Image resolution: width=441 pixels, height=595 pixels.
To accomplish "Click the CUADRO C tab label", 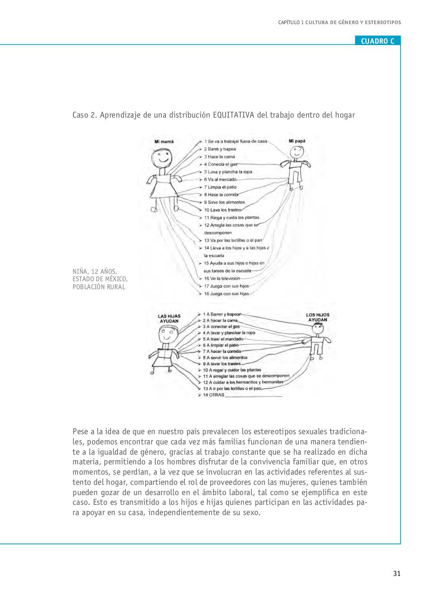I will click(377, 41).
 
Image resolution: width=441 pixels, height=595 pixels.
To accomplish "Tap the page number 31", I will click(396, 573).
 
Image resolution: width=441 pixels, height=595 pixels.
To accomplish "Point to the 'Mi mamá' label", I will click(164, 141).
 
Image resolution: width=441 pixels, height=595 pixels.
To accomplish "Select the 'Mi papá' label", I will click(297, 140).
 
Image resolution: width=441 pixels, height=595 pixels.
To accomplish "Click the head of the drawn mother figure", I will click(162, 159).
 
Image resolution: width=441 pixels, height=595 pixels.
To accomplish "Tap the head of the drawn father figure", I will click(296, 152).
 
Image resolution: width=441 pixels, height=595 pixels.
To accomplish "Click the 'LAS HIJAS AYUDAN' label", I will click(169, 318).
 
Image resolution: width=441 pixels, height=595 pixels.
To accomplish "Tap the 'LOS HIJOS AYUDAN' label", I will click(317, 317).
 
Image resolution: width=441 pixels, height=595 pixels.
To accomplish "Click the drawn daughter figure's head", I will click(168, 334).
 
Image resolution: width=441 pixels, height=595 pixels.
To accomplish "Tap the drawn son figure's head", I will click(317, 328).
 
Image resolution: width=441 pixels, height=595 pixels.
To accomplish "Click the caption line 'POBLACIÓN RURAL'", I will click(99, 287).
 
